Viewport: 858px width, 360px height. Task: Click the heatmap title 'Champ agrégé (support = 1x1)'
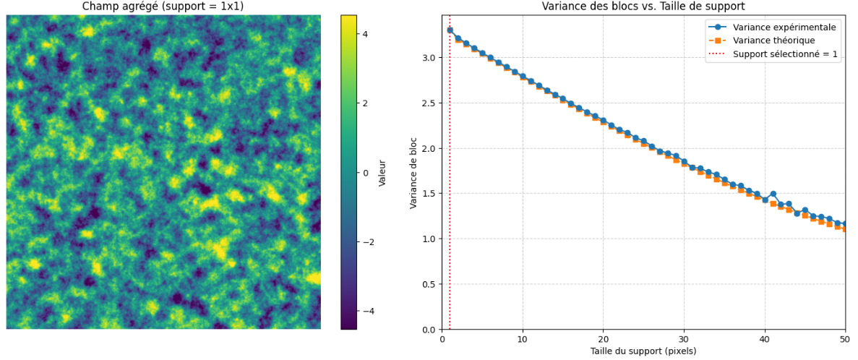(163, 7)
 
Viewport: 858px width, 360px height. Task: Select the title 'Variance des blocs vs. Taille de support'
(643, 7)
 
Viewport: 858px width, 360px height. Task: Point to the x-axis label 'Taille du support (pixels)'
(643, 351)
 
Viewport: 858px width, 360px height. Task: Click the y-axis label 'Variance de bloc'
(414, 173)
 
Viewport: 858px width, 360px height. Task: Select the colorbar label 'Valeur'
(382, 173)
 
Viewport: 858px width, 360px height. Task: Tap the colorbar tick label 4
(366, 34)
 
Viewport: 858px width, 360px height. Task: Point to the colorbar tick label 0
(366, 173)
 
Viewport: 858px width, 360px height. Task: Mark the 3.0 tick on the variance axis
(430, 58)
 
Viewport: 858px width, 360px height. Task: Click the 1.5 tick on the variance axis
(430, 194)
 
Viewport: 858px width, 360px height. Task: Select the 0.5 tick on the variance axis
(430, 284)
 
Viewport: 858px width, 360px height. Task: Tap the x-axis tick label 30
(684, 338)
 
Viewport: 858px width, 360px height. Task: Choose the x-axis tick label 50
(845, 338)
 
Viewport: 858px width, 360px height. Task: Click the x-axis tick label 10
(523, 338)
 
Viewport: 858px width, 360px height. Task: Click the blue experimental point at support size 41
(773, 194)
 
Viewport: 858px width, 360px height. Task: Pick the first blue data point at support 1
(450, 30)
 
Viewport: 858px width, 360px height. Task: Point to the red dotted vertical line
(450, 181)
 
